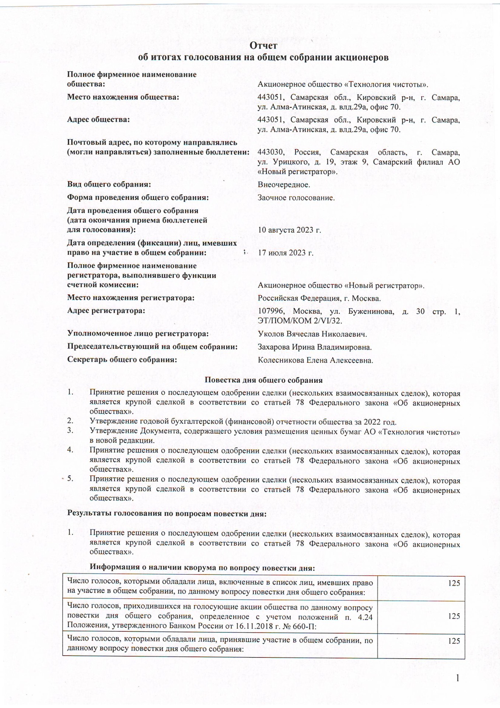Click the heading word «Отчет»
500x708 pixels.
[263, 46]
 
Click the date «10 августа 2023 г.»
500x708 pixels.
[289, 230]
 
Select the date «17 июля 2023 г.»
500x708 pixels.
[286, 253]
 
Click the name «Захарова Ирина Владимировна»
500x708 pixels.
[315, 347]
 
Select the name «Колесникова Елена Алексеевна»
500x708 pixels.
[315, 361]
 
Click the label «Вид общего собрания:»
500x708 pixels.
[109, 184]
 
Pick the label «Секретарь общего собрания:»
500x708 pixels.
[122, 360]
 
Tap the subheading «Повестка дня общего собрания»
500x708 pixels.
[263, 380]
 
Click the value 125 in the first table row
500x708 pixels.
[454, 583]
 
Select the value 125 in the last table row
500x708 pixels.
[454, 641]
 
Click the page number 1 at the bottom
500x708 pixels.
[457, 678]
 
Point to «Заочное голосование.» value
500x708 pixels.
[296, 198]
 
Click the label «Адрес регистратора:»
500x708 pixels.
[106, 311]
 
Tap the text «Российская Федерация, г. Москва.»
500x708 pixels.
[319, 298]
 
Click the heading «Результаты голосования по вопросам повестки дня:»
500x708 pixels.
[167, 513]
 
